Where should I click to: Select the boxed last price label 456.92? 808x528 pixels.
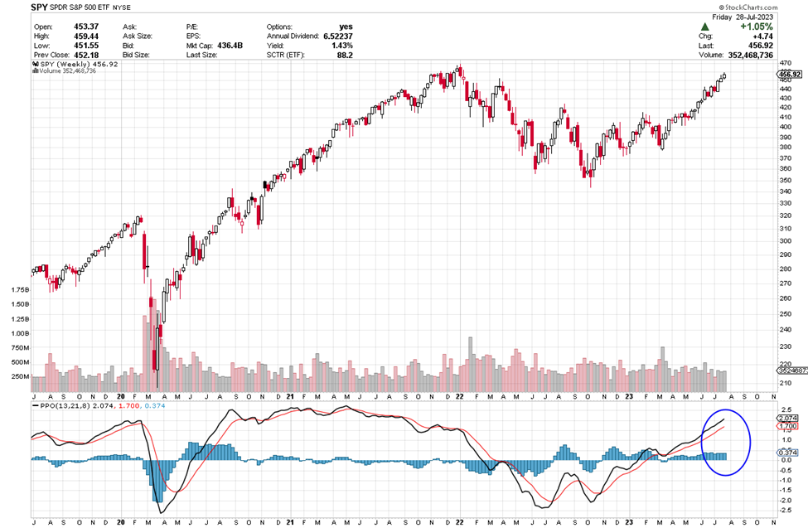[x=790, y=75]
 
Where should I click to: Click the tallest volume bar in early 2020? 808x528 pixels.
[x=156, y=339]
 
